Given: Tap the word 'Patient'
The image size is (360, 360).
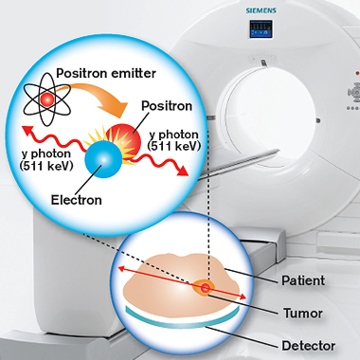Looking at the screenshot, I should click(x=301, y=280).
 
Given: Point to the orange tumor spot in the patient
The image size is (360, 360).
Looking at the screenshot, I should click(x=203, y=287).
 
